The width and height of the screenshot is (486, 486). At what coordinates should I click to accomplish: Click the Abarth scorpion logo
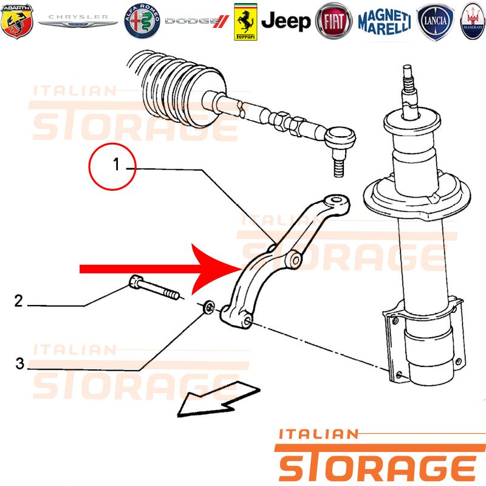[x=17, y=21]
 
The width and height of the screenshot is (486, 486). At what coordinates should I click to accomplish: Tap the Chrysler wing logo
[x=78, y=21]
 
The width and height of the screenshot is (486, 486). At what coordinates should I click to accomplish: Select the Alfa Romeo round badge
[x=142, y=21]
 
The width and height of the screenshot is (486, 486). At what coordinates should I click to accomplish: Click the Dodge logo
[x=197, y=21]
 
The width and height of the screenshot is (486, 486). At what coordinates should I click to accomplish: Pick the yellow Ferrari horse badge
[x=245, y=22]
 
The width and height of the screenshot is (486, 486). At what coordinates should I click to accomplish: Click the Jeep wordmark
[x=286, y=21]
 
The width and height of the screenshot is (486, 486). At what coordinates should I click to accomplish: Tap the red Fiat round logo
[x=334, y=21]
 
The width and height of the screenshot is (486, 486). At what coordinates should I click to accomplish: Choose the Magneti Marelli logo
[x=385, y=21]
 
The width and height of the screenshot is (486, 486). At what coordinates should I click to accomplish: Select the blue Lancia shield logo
[x=435, y=21]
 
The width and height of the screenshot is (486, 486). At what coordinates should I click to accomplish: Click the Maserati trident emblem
[x=473, y=21]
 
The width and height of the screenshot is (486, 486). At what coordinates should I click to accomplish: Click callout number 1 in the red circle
[x=116, y=164]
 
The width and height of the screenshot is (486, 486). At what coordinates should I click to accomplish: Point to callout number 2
[x=19, y=301]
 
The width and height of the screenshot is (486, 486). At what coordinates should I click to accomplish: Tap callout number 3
[x=19, y=363]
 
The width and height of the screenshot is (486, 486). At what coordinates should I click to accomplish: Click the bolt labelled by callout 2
[x=154, y=287]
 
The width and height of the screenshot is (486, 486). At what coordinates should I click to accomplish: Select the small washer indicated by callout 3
[x=208, y=307]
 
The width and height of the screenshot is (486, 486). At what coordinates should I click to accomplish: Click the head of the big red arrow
[x=217, y=269]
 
